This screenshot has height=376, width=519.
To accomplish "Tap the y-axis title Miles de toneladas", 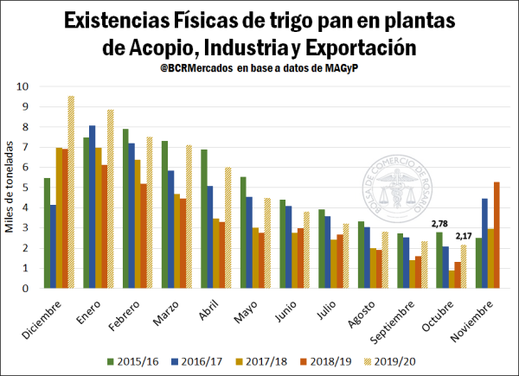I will pos(10,188).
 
